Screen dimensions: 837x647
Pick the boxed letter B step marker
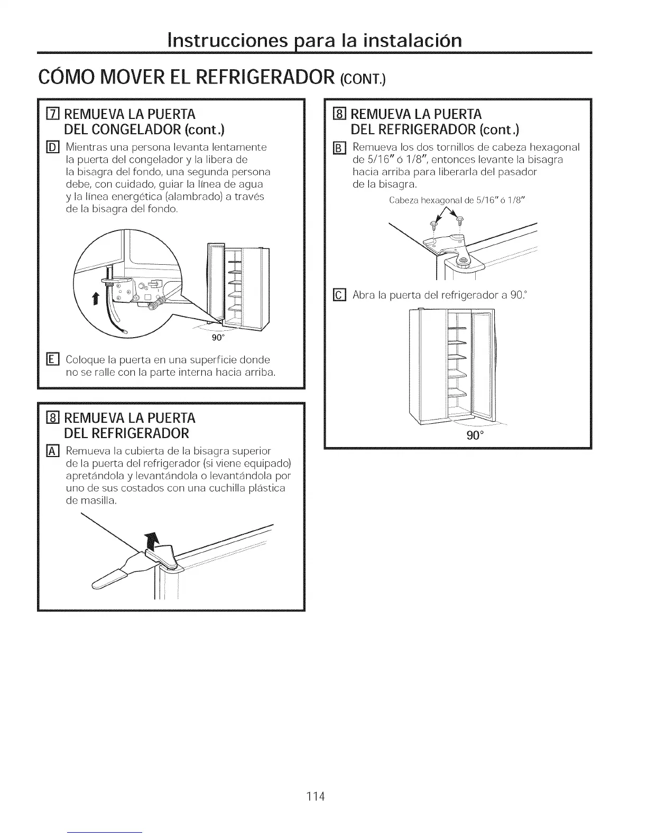coord(339,147)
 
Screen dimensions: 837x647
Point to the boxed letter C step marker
coord(339,295)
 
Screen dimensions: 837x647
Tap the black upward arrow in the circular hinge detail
coord(96,299)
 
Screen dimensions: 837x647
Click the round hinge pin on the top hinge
coord(463,259)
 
